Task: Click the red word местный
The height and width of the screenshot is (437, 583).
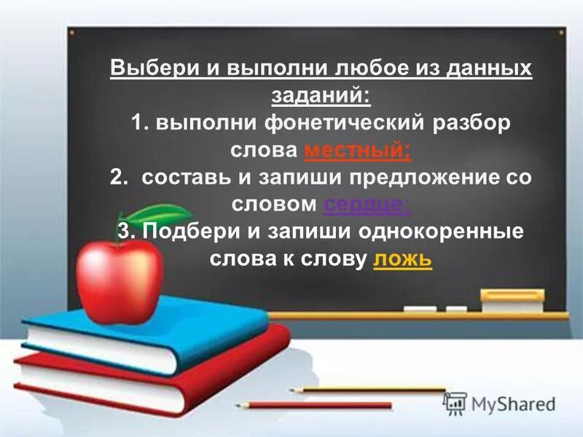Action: click(356, 151)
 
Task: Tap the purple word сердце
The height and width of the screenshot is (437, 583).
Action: click(367, 205)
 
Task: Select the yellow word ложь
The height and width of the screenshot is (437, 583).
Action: click(402, 260)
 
